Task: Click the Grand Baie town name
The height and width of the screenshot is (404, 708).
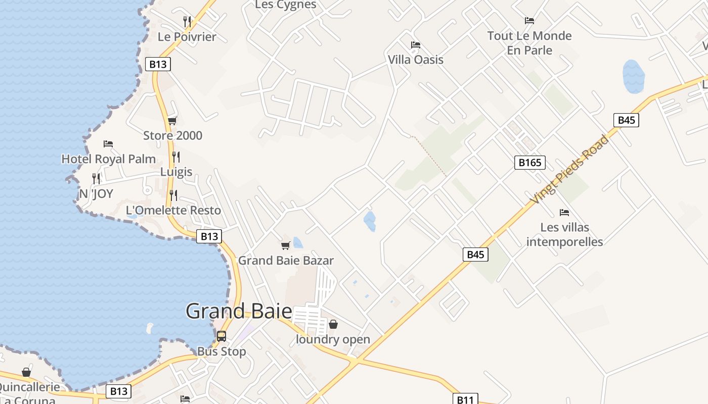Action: [x=239, y=311]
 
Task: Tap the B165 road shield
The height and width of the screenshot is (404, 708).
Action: [x=530, y=163]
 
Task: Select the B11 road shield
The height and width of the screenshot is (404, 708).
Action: [x=465, y=399]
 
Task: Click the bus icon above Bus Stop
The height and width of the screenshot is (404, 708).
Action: [x=222, y=336]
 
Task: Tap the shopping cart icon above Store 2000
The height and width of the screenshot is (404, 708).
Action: [x=172, y=121]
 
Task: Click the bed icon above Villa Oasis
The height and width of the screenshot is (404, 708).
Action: [x=416, y=45]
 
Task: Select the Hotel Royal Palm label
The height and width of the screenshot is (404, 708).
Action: [x=108, y=159]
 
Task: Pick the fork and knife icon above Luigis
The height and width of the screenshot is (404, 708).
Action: [x=176, y=157]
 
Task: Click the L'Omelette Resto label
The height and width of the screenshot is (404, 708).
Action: [x=173, y=210]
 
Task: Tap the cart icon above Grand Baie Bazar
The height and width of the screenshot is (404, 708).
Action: [x=286, y=246]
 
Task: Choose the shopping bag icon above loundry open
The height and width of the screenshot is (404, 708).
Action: [x=333, y=324]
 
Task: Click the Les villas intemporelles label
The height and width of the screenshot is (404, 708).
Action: [x=564, y=234]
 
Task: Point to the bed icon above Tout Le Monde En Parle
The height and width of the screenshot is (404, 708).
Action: [x=529, y=21]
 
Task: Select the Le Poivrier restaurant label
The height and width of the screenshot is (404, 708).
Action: [x=187, y=37]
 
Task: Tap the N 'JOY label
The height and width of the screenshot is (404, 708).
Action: [x=96, y=194]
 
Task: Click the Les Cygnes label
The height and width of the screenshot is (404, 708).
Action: [x=286, y=5]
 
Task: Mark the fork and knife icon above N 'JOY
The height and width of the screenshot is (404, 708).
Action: [x=96, y=178]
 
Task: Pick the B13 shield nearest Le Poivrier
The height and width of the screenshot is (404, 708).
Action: [x=158, y=64]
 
